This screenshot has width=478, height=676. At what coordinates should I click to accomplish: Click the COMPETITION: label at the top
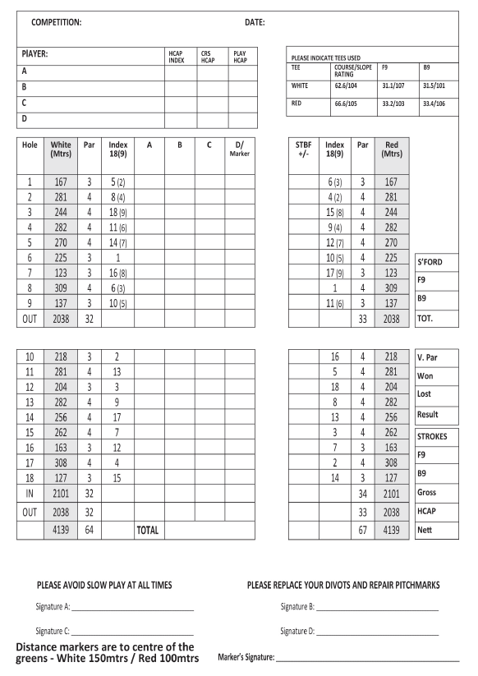56,21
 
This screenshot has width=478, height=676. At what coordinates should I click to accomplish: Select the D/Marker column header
241,151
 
